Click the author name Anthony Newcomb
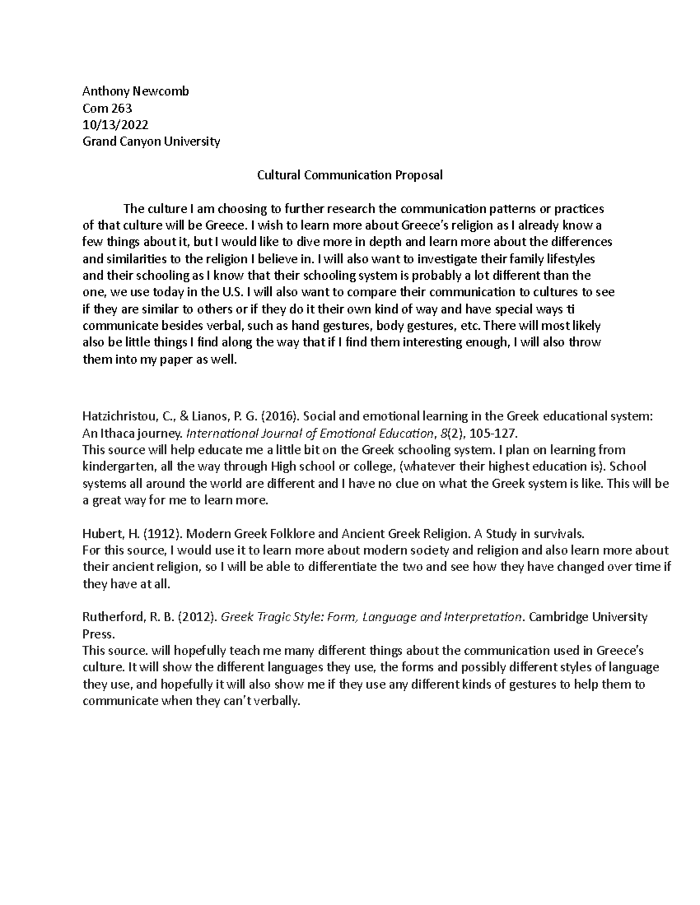click(135, 91)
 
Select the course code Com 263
click(107, 108)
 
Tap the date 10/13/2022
click(115, 125)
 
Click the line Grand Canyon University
click(151, 142)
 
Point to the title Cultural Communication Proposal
click(350, 175)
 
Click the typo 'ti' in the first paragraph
click(570, 309)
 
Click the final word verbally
click(276, 701)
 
